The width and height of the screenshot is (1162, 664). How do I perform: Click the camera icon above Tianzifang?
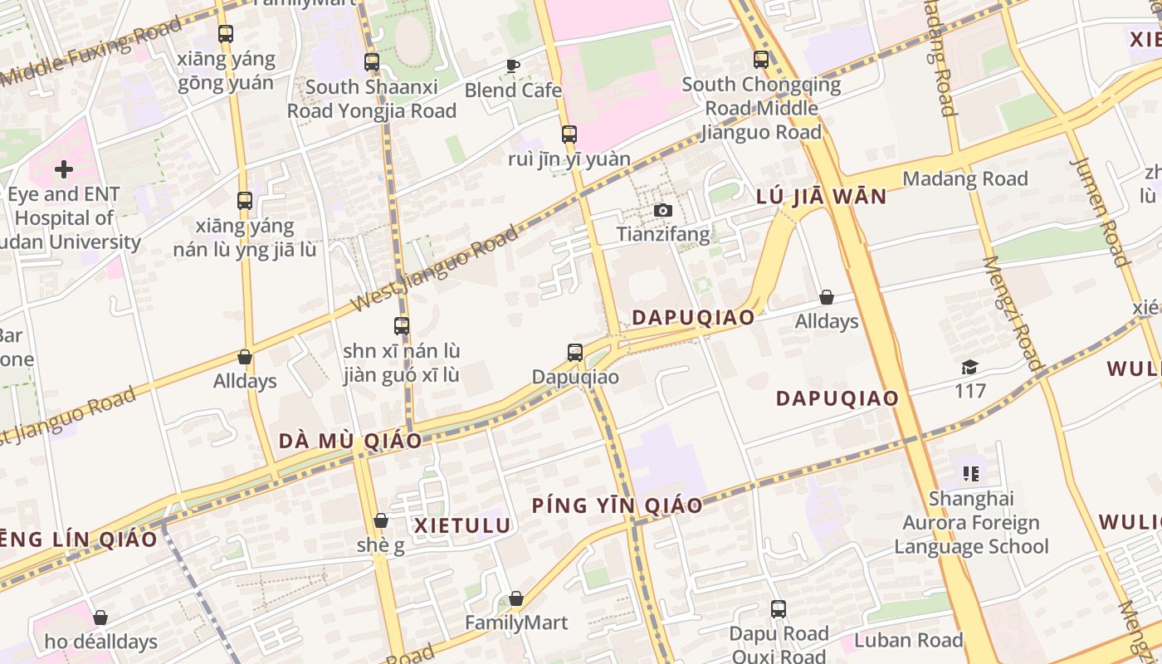click(662, 211)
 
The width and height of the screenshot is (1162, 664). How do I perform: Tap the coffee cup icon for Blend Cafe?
click(513, 66)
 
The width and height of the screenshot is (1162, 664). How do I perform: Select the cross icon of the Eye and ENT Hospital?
click(64, 170)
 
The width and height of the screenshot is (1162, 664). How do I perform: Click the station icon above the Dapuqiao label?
click(575, 353)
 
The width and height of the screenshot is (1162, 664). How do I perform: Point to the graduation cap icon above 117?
click(969, 367)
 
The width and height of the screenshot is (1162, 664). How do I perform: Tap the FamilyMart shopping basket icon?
click(516, 598)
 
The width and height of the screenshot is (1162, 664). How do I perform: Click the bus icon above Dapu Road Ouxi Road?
click(778, 609)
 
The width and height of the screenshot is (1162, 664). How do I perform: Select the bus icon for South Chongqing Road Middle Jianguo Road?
click(761, 60)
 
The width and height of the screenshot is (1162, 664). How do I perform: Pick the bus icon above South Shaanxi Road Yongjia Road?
click(371, 62)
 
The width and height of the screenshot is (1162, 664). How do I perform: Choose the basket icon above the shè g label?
click(381, 520)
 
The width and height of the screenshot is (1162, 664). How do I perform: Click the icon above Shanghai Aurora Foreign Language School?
click(971, 474)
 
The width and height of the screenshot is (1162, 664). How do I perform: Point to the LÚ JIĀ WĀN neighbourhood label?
click(821, 197)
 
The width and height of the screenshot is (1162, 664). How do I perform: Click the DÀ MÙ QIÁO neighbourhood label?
click(350, 441)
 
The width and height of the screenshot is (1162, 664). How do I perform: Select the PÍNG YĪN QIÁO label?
click(617, 505)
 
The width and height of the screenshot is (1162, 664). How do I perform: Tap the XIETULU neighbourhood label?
click(462, 525)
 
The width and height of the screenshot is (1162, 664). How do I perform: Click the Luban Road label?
click(908, 640)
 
